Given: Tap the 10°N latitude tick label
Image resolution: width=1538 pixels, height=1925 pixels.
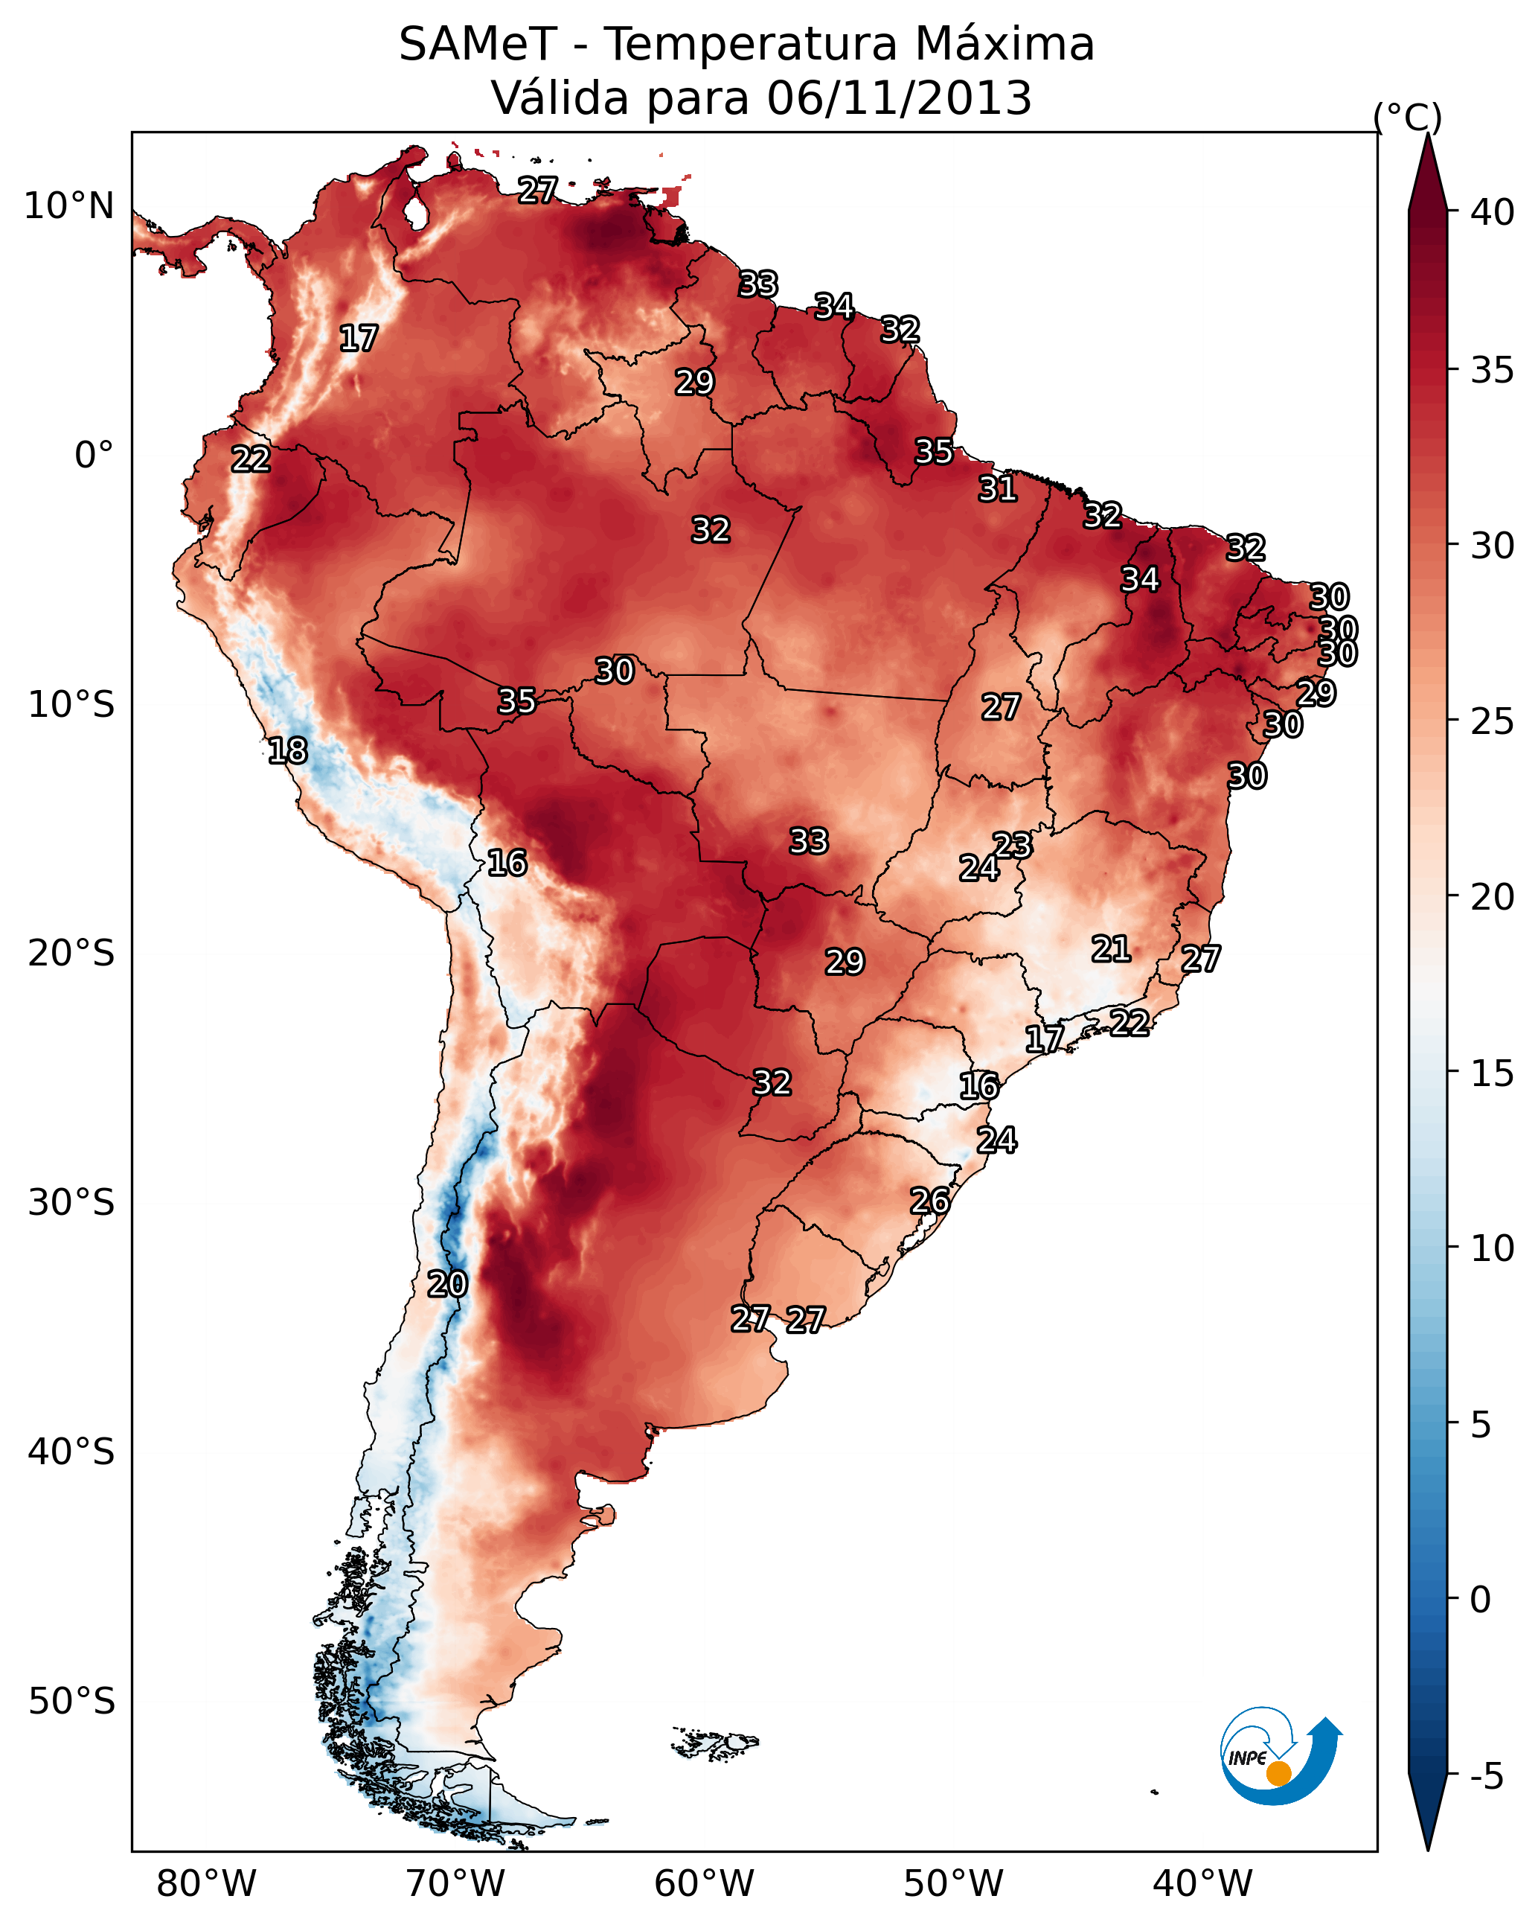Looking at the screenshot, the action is [68, 206].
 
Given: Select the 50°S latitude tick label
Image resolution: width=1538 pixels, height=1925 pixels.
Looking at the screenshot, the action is [71, 1701].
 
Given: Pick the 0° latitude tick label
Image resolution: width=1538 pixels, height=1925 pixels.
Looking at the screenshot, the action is [94, 456].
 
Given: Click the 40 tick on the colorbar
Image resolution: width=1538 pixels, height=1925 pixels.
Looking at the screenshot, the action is [1493, 212].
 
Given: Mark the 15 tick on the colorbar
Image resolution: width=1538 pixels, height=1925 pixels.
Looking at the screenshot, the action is [1493, 1073].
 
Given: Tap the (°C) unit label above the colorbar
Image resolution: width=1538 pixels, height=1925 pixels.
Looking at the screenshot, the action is [1408, 117].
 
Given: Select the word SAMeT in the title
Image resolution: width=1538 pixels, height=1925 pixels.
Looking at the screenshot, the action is [478, 45].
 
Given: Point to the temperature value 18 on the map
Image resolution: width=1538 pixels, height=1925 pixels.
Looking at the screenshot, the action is [287, 751].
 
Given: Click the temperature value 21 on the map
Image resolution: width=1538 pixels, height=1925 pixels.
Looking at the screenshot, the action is [1112, 949].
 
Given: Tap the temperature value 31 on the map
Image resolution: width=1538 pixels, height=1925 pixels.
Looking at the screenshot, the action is [997, 488].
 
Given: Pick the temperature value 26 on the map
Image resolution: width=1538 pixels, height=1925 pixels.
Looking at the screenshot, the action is [930, 1201].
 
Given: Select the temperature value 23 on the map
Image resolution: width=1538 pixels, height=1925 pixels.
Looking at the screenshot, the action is [1013, 845].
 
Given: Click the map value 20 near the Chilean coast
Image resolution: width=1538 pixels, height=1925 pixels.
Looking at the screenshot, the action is [447, 1284].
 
